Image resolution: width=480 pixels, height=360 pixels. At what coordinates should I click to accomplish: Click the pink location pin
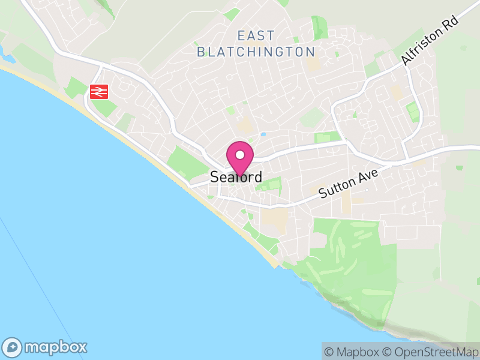239,157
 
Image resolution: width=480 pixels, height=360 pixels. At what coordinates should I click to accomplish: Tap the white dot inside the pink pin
239,155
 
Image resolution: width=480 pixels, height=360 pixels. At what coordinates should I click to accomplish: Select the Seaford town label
236,178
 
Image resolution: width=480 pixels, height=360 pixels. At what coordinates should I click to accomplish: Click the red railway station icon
98,91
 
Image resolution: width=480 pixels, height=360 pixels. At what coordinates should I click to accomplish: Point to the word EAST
256,35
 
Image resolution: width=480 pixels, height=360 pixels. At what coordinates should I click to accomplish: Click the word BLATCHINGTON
256,52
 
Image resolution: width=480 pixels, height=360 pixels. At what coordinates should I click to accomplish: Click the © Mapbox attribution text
353,352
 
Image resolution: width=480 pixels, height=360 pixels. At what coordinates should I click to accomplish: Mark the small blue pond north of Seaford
262,134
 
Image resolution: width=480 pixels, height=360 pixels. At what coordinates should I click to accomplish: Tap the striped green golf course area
348,252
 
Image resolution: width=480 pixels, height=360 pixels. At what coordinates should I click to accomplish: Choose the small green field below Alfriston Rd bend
412,111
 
